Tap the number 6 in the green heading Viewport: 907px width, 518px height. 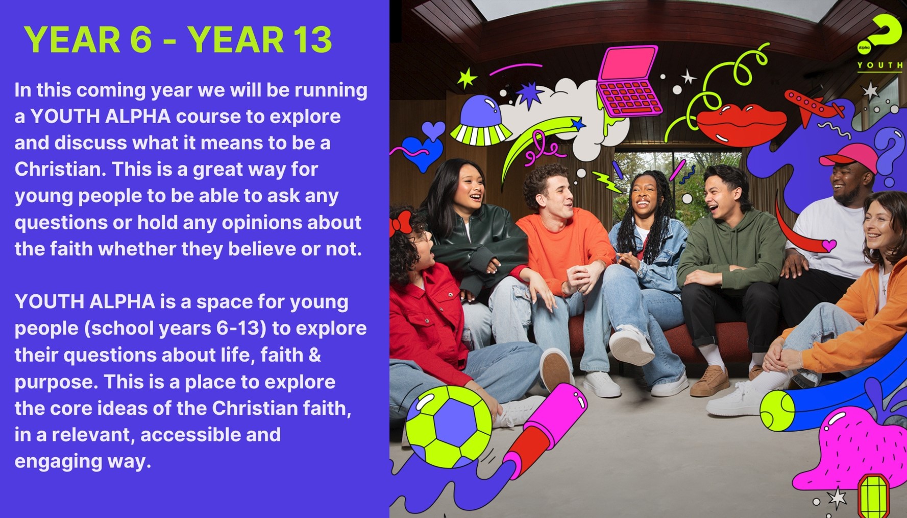[x=141, y=40]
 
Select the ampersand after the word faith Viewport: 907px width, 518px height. [x=315, y=355]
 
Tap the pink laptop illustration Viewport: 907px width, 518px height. [x=629, y=81]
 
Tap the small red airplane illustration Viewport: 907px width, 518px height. [x=813, y=107]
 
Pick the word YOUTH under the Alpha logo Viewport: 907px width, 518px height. [x=880, y=65]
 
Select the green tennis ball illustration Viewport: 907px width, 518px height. [x=777, y=410]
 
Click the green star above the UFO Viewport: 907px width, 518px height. [x=467, y=78]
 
